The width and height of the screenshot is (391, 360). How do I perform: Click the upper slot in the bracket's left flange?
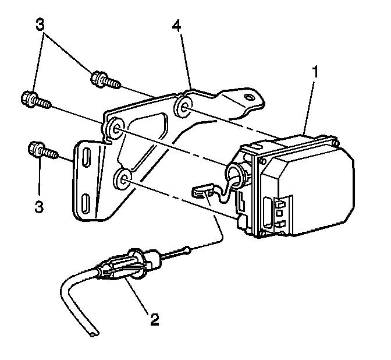(86, 160)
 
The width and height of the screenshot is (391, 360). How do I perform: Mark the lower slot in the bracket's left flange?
(86, 204)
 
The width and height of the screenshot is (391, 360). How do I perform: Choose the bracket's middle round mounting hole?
(114, 129)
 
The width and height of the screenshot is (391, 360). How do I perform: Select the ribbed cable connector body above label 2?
(125, 268)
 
